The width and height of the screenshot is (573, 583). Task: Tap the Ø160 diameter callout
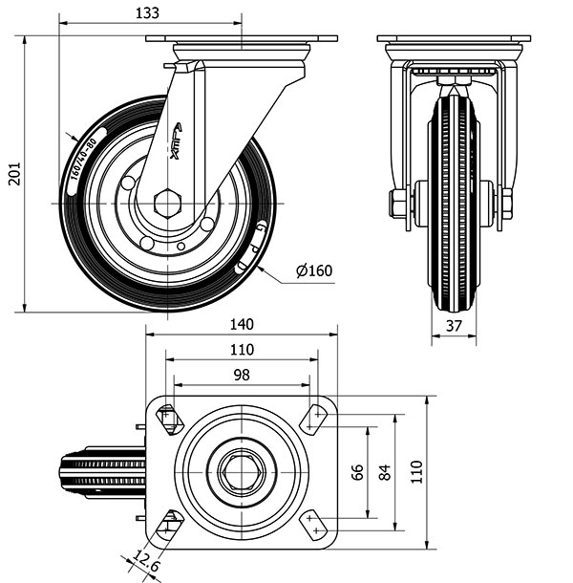[314, 271]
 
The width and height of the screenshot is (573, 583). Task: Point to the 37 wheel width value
[455, 325]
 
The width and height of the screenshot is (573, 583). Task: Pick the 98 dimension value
[241, 375]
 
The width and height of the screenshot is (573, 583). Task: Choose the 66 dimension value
[358, 473]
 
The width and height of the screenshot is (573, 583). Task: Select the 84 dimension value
[385, 473]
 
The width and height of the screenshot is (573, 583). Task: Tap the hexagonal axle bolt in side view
[167, 203]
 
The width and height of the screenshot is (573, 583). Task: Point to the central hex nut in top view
[241, 470]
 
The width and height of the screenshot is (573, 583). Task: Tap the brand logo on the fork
[180, 140]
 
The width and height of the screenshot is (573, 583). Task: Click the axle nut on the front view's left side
[396, 204]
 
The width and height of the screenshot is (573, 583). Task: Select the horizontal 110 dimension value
[241, 350]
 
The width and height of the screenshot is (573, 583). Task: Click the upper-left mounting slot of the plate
[169, 419]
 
